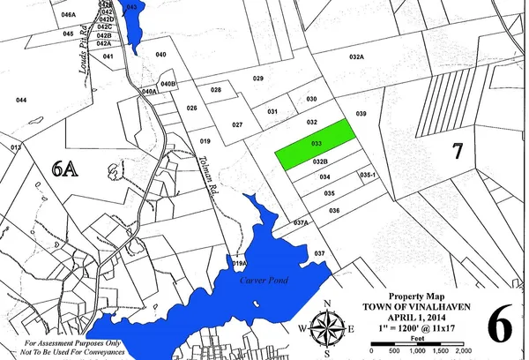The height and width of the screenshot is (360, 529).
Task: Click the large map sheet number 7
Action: (457, 150)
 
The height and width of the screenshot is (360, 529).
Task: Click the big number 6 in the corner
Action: (498, 325)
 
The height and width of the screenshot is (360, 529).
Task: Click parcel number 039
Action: (360, 115)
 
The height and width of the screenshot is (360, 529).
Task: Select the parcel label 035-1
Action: (368, 176)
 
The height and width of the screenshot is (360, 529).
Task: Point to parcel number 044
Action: (21, 101)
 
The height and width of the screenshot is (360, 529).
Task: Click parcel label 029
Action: (258, 79)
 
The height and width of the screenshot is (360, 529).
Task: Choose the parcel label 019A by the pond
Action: (238, 264)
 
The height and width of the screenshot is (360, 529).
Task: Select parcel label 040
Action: (160, 55)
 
